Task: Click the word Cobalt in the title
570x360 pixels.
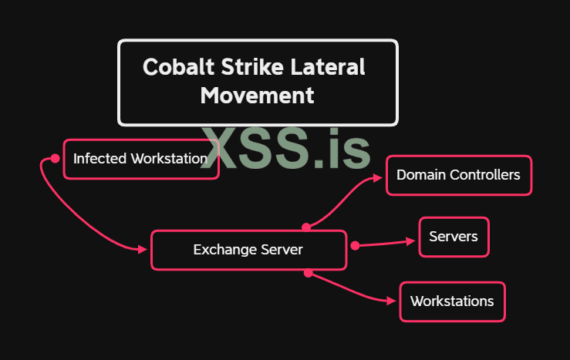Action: click(171, 66)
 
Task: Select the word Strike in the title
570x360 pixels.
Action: click(234, 66)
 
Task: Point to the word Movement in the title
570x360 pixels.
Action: click(257, 96)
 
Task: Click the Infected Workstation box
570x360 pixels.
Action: click(140, 159)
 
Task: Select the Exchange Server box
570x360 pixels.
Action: click(248, 250)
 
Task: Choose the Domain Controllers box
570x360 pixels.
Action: click(458, 175)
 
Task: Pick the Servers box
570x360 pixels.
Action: click(454, 237)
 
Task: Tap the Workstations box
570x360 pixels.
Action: click(452, 301)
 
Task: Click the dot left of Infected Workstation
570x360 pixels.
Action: click(55, 158)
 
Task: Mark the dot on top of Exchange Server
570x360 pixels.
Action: click(306, 227)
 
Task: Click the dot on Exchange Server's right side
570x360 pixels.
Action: click(355, 246)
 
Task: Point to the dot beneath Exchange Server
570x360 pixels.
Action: click(308, 272)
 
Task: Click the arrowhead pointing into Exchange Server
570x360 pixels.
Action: click(143, 250)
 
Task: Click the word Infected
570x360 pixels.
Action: click(100, 159)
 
